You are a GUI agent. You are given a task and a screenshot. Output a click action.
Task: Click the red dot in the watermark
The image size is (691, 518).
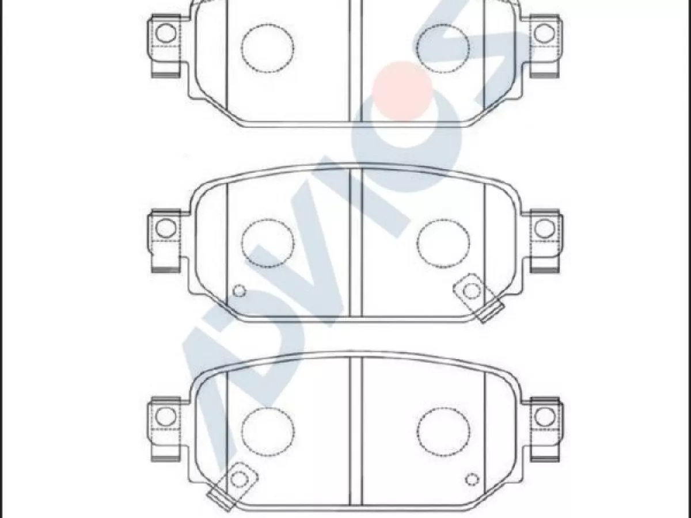402,91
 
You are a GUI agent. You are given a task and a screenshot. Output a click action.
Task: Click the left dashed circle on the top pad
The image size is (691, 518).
241,49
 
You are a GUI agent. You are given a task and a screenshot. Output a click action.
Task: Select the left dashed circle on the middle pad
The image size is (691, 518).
241,243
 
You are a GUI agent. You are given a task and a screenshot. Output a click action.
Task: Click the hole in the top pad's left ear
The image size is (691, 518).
166,33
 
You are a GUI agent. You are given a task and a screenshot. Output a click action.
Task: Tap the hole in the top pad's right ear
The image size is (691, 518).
544,33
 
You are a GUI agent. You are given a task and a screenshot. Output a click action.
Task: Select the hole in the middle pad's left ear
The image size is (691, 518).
166,228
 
